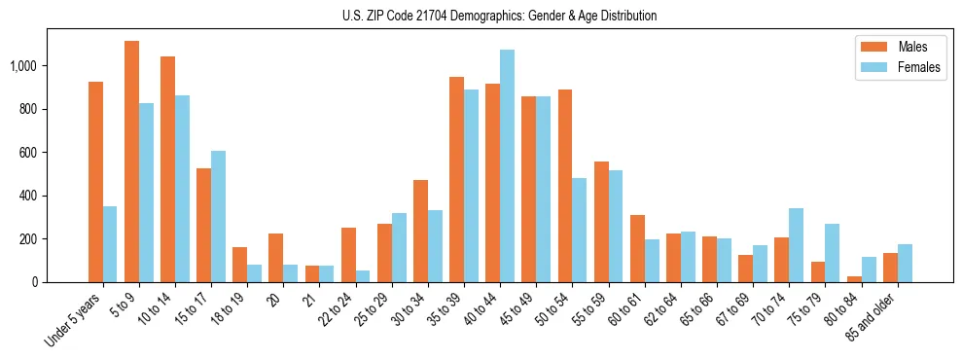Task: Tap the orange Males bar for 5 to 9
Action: pyautogui.click(x=131, y=162)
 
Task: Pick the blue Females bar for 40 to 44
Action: pyautogui.click(x=507, y=165)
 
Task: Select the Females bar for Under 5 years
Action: pyautogui.click(x=110, y=244)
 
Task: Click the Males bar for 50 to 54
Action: pyautogui.click(x=565, y=186)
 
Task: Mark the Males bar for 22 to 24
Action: pyautogui.click(x=348, y=255)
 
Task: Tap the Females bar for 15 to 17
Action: pyautogui.click(x=218, y=217)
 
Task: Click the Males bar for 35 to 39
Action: pyautogui.click(x=456, y=180)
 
